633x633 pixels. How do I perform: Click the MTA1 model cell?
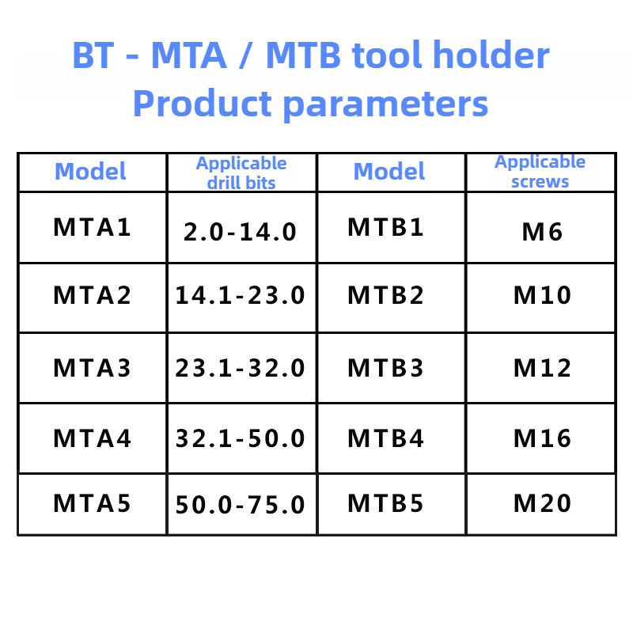pos(92,227)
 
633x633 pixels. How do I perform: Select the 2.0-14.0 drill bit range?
pos(240,232)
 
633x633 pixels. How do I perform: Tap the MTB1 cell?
pos(385,227)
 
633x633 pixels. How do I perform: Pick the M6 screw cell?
pos(542,232)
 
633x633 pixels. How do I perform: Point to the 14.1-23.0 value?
pos(240,295)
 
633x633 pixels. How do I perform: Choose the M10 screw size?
pos(542,295)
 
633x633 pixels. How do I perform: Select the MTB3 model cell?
pos(385,368)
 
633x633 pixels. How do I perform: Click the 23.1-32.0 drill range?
pos(240,368)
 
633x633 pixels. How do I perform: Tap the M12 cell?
pos(542,368)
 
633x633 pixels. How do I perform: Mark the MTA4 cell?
pos(92,438)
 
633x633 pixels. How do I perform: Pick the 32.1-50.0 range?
pos(240,438)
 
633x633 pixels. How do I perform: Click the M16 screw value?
pos(542,438)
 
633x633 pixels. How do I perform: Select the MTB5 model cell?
pos(385,503)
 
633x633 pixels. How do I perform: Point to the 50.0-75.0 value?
pos(240,505)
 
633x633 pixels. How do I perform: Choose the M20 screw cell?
pos(542,503)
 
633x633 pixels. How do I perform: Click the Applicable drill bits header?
pos(241,173)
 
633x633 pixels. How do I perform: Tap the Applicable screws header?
pos(540,172)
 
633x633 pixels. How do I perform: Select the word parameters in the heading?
pos(385,104)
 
